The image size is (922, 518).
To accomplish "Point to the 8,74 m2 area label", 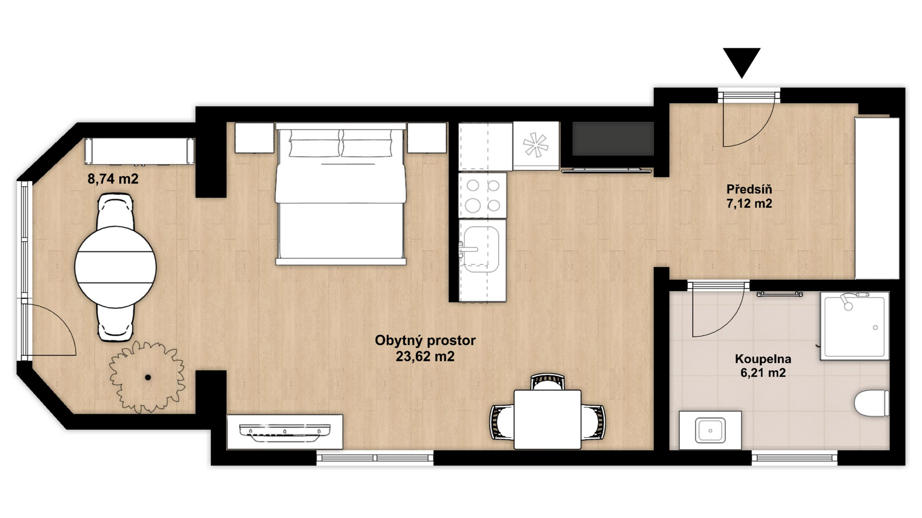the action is tap(113, 179).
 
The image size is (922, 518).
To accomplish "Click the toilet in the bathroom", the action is tap(872, 403).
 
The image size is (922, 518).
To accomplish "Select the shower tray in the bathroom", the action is tap(854, 325).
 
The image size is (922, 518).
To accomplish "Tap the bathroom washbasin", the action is tap(710, 430).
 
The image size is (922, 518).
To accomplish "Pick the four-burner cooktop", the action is tap(483, 196).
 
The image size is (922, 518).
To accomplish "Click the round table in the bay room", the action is tap(115, 267).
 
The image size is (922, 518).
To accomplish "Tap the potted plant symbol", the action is tap(147, 377).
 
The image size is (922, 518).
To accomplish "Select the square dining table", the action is tap(547, 420).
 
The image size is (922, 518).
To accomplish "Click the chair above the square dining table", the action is tap(547, 382).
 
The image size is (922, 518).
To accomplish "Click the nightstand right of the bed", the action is tap(427, 138).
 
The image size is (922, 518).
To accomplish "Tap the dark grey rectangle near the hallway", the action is tap(613, 138).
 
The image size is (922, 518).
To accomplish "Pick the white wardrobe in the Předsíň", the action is tap(877, 198).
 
